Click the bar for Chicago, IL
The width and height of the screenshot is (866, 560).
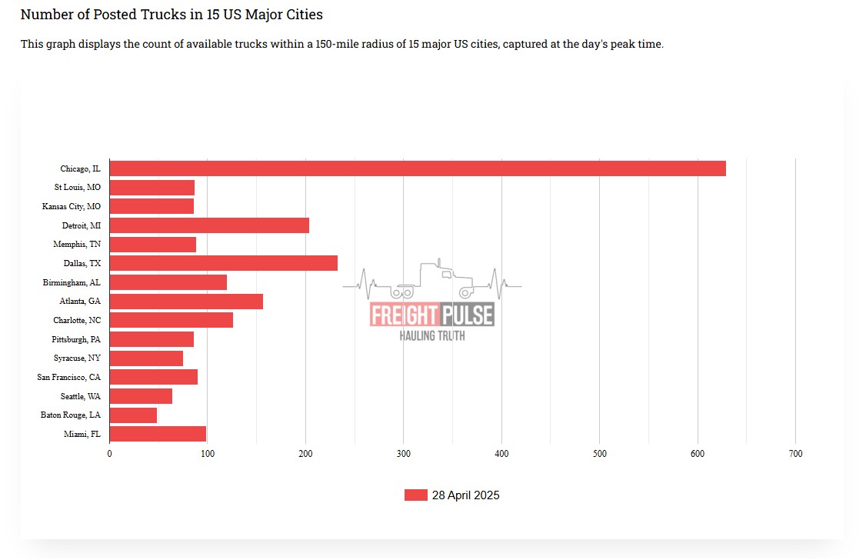click(418, 168)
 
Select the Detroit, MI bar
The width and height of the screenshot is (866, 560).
click(209, 225)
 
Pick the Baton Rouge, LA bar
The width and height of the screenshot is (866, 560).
click(133, 415)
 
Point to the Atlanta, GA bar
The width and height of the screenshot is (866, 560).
click(186, 302)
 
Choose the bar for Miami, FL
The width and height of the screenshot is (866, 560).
click(158, 434)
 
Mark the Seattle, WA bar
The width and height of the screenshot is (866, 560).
click(141, 396)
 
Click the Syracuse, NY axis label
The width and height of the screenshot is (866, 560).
click(77, 358)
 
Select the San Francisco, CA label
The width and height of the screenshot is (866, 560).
click(68, 377)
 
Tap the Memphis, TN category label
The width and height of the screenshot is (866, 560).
click(77, 245)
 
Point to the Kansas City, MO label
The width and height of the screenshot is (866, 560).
click(71, 207)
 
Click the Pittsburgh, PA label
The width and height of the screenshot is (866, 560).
click(76, 339)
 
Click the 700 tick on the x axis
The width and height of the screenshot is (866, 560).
click(795, 454)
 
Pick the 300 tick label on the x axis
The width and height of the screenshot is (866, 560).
click(403, 454)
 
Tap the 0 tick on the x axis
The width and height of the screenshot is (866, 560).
click(109, 454)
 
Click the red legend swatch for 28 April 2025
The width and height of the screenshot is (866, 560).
click(415, 495)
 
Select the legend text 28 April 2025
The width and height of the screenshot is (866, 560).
click(465, 495)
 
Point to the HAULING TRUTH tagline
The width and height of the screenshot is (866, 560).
click(431, 335)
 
